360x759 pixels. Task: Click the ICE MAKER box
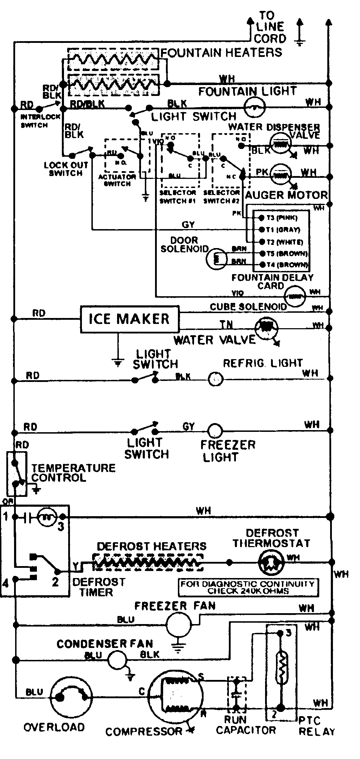[x=129, y=319]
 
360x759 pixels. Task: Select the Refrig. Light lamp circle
[x=216, y=379]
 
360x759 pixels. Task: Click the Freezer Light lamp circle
[x=214, y=430]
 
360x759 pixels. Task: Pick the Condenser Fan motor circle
[x=117, y=660]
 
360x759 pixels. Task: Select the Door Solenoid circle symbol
[x=216, y=259]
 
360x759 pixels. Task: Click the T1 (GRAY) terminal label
[x=283, y=230]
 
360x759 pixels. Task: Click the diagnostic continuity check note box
[x=248, y=587]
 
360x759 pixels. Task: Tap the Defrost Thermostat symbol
[x=271, y=562]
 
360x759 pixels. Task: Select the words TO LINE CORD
[x=270, y=27]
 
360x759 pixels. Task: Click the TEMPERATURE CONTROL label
[x=73, y=473]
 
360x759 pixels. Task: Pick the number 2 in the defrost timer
[x=55, y=582]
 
